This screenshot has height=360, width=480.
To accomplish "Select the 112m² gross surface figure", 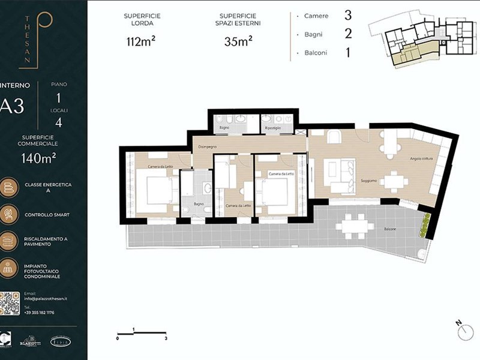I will coord(142,41).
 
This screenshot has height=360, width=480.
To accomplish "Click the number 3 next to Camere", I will coord(347,14).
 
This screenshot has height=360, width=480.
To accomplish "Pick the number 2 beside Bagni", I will coord(347,34).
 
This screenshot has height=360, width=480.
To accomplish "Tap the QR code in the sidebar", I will coord(13,304).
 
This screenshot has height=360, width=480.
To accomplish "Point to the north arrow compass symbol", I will coord(460,328).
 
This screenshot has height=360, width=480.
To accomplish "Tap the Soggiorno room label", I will coord(368,180).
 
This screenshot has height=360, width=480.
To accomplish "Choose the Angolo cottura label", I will coord(422,158).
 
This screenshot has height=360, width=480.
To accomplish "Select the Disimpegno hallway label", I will coord(205,146).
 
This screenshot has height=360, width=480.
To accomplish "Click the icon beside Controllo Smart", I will coord(10,214).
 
